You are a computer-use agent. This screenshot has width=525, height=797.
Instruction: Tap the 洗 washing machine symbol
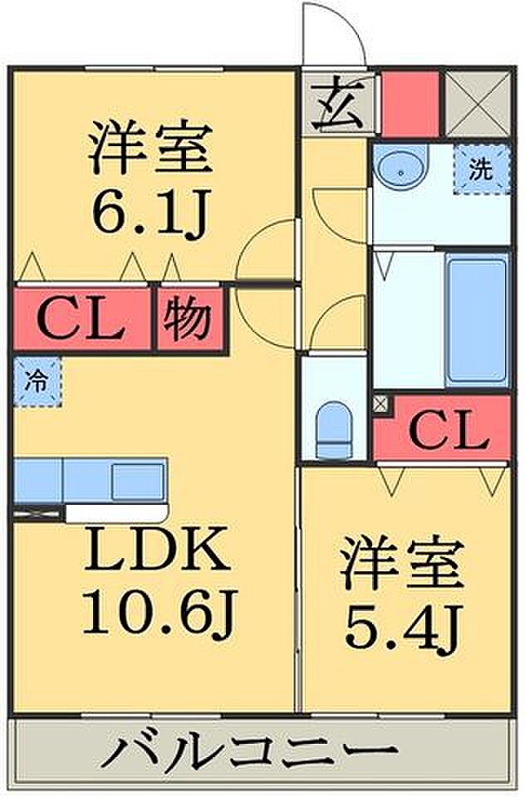click(x=481, y=169)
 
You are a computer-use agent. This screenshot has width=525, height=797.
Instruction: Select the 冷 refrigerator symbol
click(x=37, y=382)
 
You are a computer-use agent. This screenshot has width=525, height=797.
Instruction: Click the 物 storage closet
click(x=189, y=319)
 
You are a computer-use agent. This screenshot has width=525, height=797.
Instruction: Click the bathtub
click(x=477, y=320)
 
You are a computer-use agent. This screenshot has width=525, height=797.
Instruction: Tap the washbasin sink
click(x=400, y=169)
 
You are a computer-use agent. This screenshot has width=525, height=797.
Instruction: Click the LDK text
click(x=155, y=550)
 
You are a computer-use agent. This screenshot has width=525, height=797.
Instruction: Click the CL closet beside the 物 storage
click(x=82, y=319)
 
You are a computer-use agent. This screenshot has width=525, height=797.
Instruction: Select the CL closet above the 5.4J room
click(x=442, y=428)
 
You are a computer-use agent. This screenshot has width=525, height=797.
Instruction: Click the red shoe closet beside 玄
click(x=410, y=104)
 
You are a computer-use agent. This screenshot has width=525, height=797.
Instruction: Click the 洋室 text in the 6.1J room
click(x=150, y=148)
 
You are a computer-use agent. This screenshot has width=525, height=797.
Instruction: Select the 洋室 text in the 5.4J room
click(x=404, y=565)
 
